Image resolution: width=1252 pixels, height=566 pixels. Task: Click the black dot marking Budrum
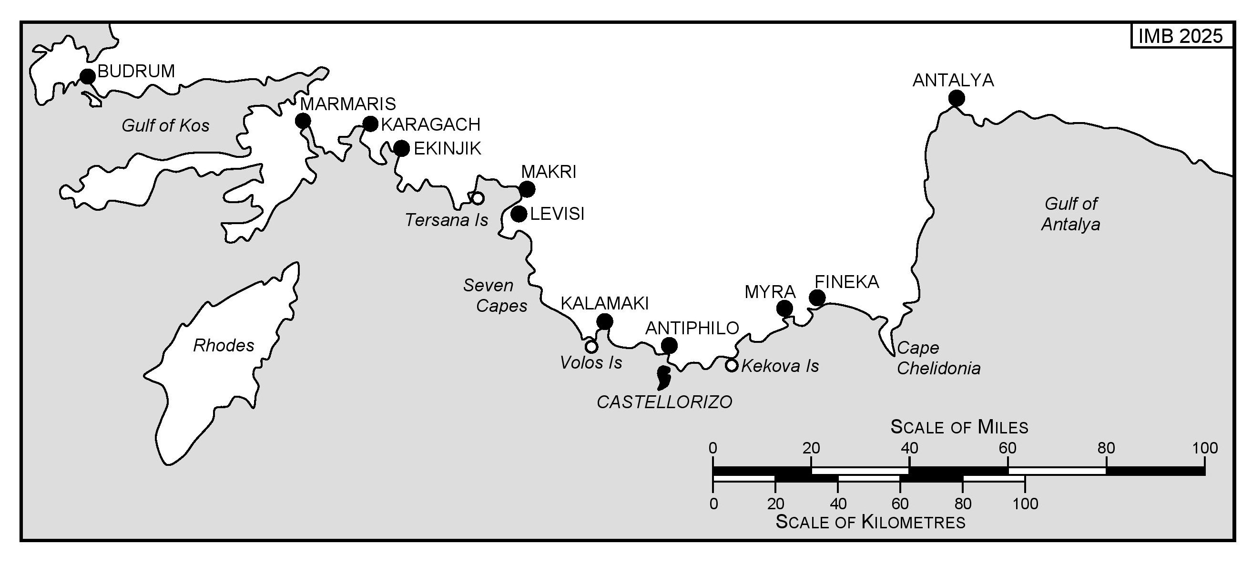click(88, 76)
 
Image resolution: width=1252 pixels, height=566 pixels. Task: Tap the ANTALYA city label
click(953, 80)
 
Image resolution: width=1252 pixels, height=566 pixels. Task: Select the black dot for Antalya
click(957, 99)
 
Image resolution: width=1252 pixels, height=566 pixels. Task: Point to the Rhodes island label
click(224, 346)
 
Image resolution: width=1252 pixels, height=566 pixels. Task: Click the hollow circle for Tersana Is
click(478, 198)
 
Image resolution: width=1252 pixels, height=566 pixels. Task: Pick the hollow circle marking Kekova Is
click(732, 365)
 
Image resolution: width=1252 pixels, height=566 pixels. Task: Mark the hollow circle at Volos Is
click(591, 347)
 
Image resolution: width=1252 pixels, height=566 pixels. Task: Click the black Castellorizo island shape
click(663, 378)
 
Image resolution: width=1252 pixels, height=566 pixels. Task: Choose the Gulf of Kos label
click(165, 126)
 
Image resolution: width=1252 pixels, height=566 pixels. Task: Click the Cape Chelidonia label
click(938, 359)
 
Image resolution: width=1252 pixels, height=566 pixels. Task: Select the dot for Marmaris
click(303, 121)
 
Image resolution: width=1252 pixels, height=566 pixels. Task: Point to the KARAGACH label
click(431, 125)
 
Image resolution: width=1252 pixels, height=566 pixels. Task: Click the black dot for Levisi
click(519, 214)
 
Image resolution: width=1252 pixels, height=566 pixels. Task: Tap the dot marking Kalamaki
click(604, 321)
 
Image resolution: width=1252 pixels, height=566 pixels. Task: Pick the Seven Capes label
click(495, 296)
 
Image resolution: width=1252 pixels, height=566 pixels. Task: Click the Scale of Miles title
click(959, 427)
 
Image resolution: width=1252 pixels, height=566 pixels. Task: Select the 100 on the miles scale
click(1205, 448)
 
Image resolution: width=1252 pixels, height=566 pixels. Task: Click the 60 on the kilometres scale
click(900, 504)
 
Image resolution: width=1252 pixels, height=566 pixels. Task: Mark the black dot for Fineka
click(817, 298)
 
